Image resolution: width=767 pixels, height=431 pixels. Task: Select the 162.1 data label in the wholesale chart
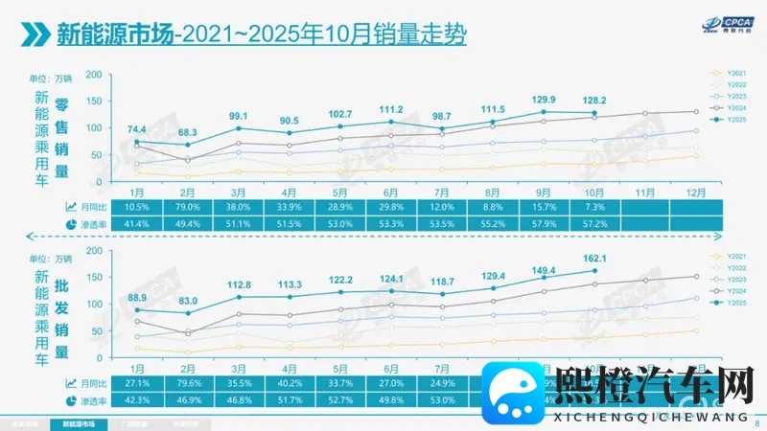pos(595,258)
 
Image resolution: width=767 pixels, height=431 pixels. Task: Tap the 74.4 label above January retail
pos(135,129)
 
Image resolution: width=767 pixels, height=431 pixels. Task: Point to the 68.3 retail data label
pos(188,132)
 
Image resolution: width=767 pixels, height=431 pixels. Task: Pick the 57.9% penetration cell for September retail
pos(545,223)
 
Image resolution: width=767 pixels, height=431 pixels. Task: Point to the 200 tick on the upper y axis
pos(93,74)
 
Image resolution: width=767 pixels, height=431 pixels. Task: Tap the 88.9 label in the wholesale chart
pos(135,297)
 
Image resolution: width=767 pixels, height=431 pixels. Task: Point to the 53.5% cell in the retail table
pos(442,223)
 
